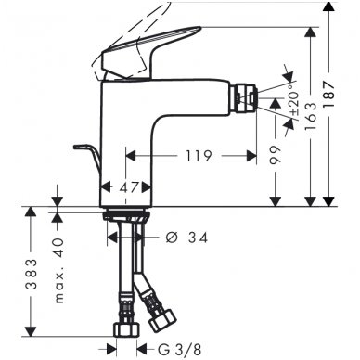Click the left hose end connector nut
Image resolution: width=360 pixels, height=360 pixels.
tap(124, 328)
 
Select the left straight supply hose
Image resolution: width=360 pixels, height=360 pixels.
tap(122, 278)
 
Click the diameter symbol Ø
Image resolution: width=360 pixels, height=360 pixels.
tap(171, 238)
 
